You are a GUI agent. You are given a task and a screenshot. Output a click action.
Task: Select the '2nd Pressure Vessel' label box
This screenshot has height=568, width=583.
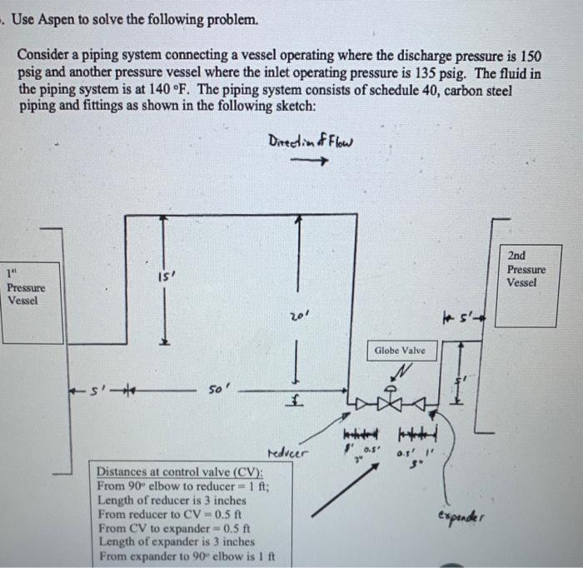tap(526, 269)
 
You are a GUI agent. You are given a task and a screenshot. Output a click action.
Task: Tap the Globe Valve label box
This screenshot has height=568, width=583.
tap(400, 351)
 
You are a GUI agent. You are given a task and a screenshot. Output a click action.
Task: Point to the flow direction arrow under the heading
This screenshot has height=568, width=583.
tap(309, 162)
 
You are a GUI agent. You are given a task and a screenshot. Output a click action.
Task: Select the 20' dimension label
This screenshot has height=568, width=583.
tap(298, 318)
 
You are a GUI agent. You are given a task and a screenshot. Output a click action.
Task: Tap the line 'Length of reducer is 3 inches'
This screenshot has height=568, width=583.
tap(171, 500)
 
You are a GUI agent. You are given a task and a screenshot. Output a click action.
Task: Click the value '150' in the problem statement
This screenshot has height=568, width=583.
tap(531, 56)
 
